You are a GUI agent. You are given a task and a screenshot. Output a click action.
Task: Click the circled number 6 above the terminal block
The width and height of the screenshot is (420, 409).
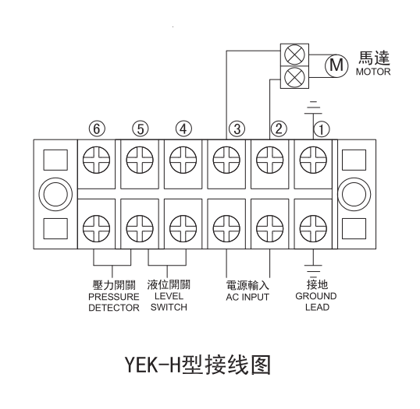tap(97, 129)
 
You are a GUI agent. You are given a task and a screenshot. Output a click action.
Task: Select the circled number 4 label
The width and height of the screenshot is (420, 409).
tap(183, 129)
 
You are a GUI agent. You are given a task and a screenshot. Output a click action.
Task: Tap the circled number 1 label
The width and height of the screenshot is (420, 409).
tap(321, 129)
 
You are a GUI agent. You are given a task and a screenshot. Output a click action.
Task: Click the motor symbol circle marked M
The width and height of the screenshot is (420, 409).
tap(336, 65)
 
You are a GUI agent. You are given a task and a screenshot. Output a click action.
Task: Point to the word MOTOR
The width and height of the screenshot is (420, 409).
tap(373, 72)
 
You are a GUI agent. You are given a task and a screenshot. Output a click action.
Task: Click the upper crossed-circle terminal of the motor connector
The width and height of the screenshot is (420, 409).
tap(294, 55)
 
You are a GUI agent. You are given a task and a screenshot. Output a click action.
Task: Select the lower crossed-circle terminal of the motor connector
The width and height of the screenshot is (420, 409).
tap(294, 78)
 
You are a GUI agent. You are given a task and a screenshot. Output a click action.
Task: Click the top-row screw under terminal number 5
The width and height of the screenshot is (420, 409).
tap(140, 160)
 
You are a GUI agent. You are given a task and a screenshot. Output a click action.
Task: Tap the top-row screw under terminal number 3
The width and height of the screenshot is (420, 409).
tap(226, 160)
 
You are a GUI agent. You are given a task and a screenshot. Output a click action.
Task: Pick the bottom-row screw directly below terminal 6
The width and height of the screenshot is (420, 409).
tap(97, 229)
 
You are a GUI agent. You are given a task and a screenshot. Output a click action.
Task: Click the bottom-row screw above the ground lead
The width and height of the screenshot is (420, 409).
tap(313, 229)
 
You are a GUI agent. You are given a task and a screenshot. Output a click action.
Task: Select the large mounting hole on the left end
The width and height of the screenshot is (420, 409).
tap(55, 194)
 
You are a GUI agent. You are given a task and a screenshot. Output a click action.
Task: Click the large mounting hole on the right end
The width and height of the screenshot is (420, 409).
tap(354, 194)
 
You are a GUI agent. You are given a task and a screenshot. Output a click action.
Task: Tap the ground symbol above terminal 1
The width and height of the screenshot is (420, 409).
tap(313, 108)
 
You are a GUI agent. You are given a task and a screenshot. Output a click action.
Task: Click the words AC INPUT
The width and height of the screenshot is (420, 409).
tap(247, 297)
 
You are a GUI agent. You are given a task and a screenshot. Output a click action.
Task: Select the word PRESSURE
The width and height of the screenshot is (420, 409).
tap(114, 297)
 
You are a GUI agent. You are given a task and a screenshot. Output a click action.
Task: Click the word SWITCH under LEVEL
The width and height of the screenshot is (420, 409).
tap(169, 307)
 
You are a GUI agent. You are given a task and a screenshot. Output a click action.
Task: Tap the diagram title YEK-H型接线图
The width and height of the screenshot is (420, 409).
tap(198, 365)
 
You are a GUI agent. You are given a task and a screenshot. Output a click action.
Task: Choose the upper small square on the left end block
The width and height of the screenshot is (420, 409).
tap(55, 160)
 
